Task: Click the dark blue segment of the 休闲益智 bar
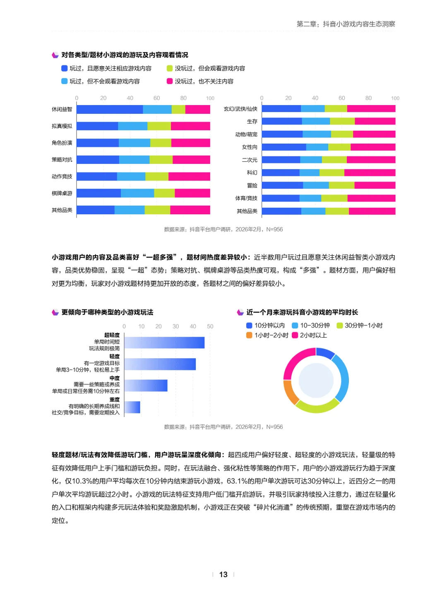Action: pos(110,109)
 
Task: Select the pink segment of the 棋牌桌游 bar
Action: pos(192,193)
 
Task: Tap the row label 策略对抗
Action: pos(62,160)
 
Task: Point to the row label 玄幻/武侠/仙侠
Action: pos(240,109)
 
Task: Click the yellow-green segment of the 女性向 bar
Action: pos(339,147)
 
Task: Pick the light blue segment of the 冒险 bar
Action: pos(316,185)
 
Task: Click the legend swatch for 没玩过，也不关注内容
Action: pos(170,81)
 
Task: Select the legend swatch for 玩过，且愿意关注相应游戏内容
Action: pos(64,68)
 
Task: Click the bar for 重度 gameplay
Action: pos(132,407)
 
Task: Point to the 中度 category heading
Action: pos(115,378)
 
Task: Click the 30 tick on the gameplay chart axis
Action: pos(175,326)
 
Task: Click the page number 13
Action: pos(223,574)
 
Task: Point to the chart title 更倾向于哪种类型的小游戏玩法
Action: pos(107,312)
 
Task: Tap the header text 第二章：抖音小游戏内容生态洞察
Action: pos(346,24)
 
